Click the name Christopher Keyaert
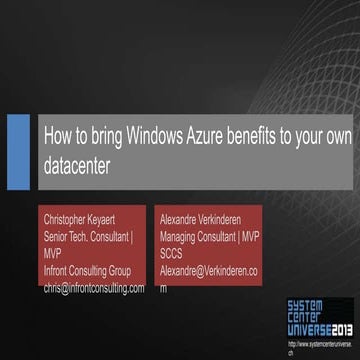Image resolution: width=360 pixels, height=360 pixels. pos(89,215)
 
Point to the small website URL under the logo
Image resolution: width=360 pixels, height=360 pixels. pos(319,343)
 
